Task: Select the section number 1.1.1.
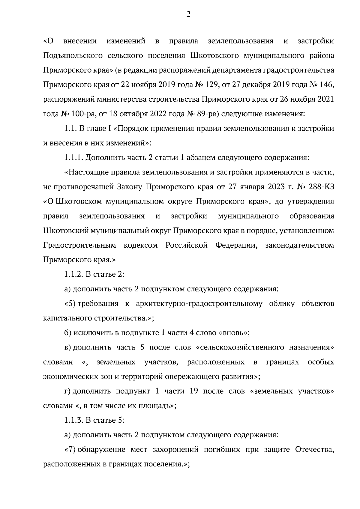click(74, 158)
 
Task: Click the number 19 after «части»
click(193, 391)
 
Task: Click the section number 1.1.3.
click(74, 420)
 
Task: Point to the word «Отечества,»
click(315, 450)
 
